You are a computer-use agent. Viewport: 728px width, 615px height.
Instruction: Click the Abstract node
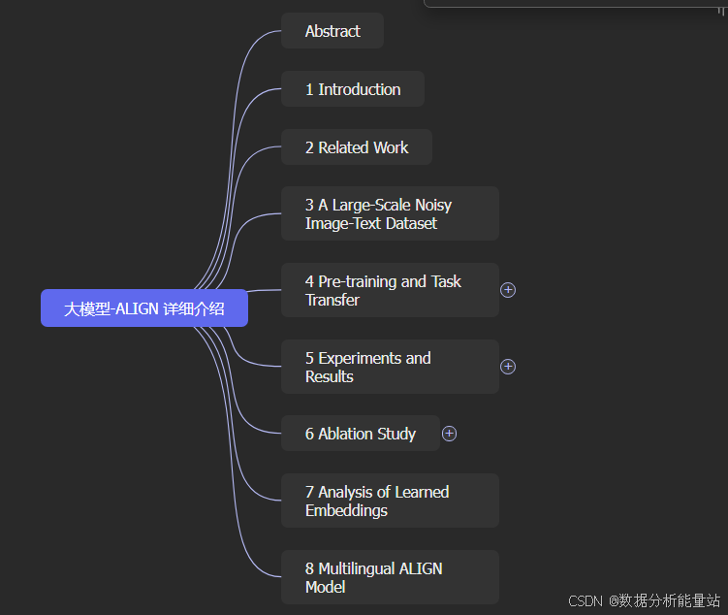tap(332, 31)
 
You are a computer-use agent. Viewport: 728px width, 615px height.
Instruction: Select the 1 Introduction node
tap(353, 89)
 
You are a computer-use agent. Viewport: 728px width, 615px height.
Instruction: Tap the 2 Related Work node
tap(357, 147)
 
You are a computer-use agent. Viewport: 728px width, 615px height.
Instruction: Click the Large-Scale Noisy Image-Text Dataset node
tap(390, 213)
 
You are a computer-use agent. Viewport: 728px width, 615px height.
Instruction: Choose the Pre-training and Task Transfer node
tap(390, 290)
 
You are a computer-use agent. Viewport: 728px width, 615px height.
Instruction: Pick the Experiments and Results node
tap(390, 367)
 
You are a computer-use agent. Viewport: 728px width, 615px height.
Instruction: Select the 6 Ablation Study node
tap(361, 434)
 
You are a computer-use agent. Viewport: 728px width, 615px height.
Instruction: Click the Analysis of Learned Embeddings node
tap(390, 501)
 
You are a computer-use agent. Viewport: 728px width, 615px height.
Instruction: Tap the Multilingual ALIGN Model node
tap(390, 577)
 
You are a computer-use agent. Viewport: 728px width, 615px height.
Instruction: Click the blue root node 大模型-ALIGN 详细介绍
tap(144, 308)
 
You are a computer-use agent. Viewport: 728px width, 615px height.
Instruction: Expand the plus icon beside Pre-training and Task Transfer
tap(508, 290)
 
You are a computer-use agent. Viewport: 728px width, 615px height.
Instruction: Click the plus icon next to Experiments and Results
tap(508, 367)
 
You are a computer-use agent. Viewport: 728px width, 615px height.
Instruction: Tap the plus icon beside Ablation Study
tap(449, 434)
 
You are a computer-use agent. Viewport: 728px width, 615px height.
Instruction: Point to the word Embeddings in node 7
tap(346, 510)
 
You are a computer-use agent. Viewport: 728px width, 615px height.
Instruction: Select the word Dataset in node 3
tap(411, 223)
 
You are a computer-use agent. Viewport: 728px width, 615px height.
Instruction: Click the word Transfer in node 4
tap(332, 300)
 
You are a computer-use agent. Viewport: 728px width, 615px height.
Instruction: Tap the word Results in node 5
tap(330, 376)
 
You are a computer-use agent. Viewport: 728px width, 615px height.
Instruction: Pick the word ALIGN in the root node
tap(137, 308)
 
